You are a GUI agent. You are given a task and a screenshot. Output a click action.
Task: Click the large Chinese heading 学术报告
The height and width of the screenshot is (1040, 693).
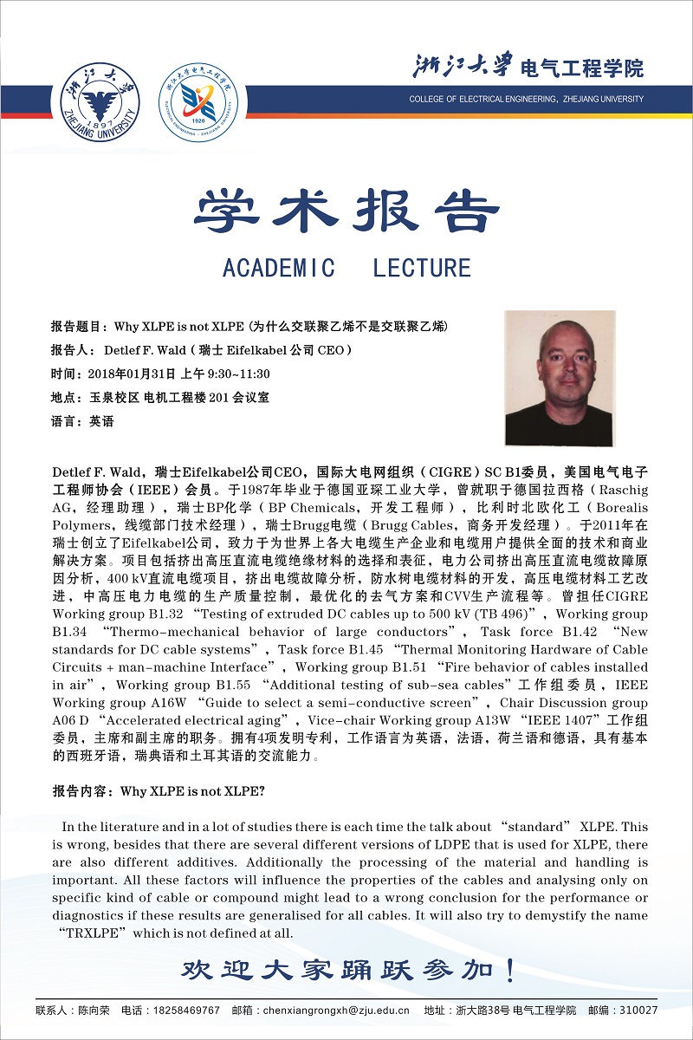[x=346, y=211]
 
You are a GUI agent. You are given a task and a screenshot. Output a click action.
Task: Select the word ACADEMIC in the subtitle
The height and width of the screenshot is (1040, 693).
[x=279, y=268]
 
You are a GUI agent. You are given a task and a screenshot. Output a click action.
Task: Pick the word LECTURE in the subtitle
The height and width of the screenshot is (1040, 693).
[x=422, y=268]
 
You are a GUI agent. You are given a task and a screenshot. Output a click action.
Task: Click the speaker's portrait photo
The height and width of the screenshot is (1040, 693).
[x=560, y=379]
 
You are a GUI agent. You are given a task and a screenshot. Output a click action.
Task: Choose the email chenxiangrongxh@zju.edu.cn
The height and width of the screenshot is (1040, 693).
[x=336, y=1011]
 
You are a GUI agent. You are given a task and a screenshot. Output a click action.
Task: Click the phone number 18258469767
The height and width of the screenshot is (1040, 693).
[x=185, y=1011]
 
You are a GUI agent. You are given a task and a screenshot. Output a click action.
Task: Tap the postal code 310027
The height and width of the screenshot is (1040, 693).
[x=635, y=1011]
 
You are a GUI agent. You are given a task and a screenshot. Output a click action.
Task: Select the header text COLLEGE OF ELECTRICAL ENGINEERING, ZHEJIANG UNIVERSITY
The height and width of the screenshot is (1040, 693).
[x=527, y=99]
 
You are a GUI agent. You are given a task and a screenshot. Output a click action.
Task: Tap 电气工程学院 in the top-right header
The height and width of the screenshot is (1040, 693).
[x=581, y=68]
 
